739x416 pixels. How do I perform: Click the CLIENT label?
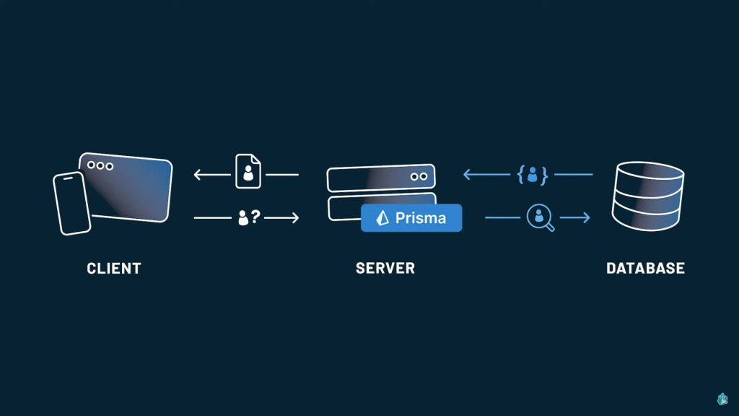point(113,269)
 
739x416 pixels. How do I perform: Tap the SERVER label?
point(385,269)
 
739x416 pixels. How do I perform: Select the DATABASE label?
point(645,269)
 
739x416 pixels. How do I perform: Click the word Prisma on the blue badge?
point(421,218)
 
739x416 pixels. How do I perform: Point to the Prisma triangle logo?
point(382,218)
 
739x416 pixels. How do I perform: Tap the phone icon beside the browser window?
point(71,203)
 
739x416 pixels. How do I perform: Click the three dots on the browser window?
point(100,165)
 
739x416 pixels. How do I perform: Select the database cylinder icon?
point(647,196)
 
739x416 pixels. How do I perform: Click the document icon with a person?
point(248,171)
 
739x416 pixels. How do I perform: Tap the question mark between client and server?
point(255,217)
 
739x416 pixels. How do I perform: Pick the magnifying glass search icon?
point(540,217)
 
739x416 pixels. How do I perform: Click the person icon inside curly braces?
point(532,175)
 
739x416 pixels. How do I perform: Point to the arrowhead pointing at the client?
point(198,175)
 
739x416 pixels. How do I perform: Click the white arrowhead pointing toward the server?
point(294,217)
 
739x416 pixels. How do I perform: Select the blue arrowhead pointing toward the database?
point(585,217)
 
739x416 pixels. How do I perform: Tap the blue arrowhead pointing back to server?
point(468,175)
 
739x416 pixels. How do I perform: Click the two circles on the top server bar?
point(419,176)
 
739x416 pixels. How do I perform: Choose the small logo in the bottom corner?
point(722,399)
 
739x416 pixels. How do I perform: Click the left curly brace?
point(521,175)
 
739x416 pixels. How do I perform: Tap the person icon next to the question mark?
point(243,217)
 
